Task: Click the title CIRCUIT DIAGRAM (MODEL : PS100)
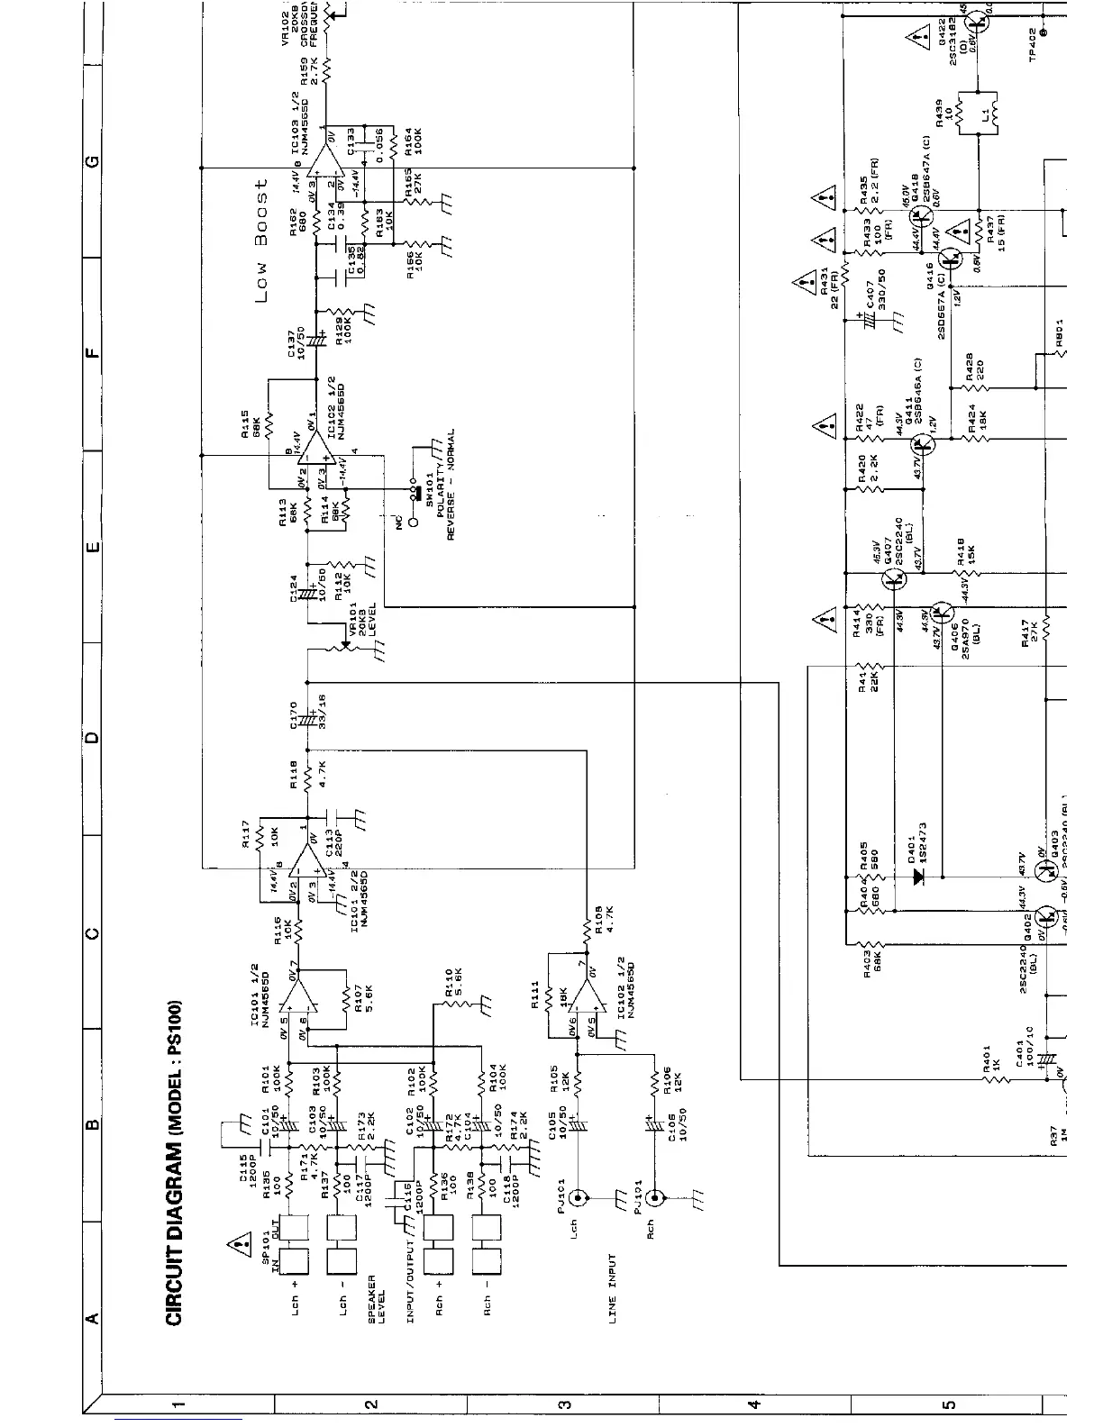coord(177,1162)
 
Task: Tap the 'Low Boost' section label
coord(262,240)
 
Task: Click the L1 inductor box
coord(977,113)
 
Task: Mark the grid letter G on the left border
coord(90,161)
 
